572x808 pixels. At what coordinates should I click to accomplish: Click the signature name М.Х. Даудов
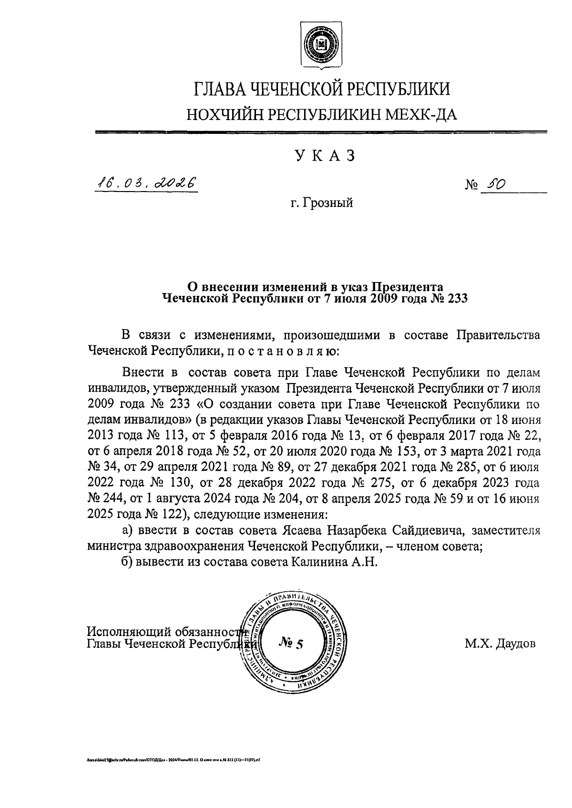500,644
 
